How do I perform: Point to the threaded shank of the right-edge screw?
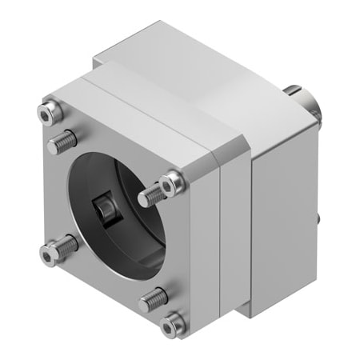coord(150,194)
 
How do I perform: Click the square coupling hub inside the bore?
coord(103,209)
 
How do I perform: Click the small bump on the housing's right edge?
coord(321,217)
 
